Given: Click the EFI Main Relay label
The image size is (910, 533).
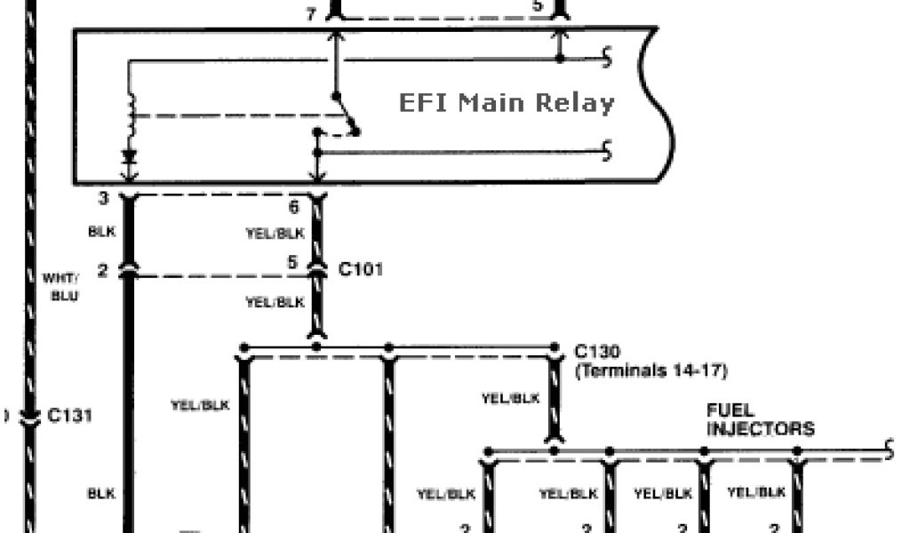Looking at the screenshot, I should pyautogui.click(x=506, y=103).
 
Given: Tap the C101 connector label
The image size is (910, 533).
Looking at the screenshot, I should pyautogui.click(x=361, y=267).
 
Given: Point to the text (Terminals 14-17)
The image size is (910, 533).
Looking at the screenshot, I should pyautogui.click(x=651, y=370).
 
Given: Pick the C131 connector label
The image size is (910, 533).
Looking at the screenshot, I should pyautogui.click(x=71, y=415).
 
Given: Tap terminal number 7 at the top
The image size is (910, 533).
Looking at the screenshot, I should pyautogui.click(x=310, y=13).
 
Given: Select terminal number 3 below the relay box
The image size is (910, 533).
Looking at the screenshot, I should pyautogui.click(x=103, y=199).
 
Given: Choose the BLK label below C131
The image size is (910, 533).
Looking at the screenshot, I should pyautogui.click(x=100, y=493).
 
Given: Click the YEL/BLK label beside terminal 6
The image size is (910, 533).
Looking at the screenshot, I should pyautogui.click(x=275, y=234).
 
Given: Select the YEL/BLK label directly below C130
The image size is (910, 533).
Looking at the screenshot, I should pyautogui.click(x=510, y=399).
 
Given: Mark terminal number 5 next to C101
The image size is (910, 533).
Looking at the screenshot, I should pyautogui.click(x=292, y=263).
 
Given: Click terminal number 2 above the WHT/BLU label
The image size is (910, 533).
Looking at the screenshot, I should pyautogui.click(x=103, y=271).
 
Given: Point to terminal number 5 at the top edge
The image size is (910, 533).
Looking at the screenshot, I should pyautogui.click(x=538, y=6).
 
